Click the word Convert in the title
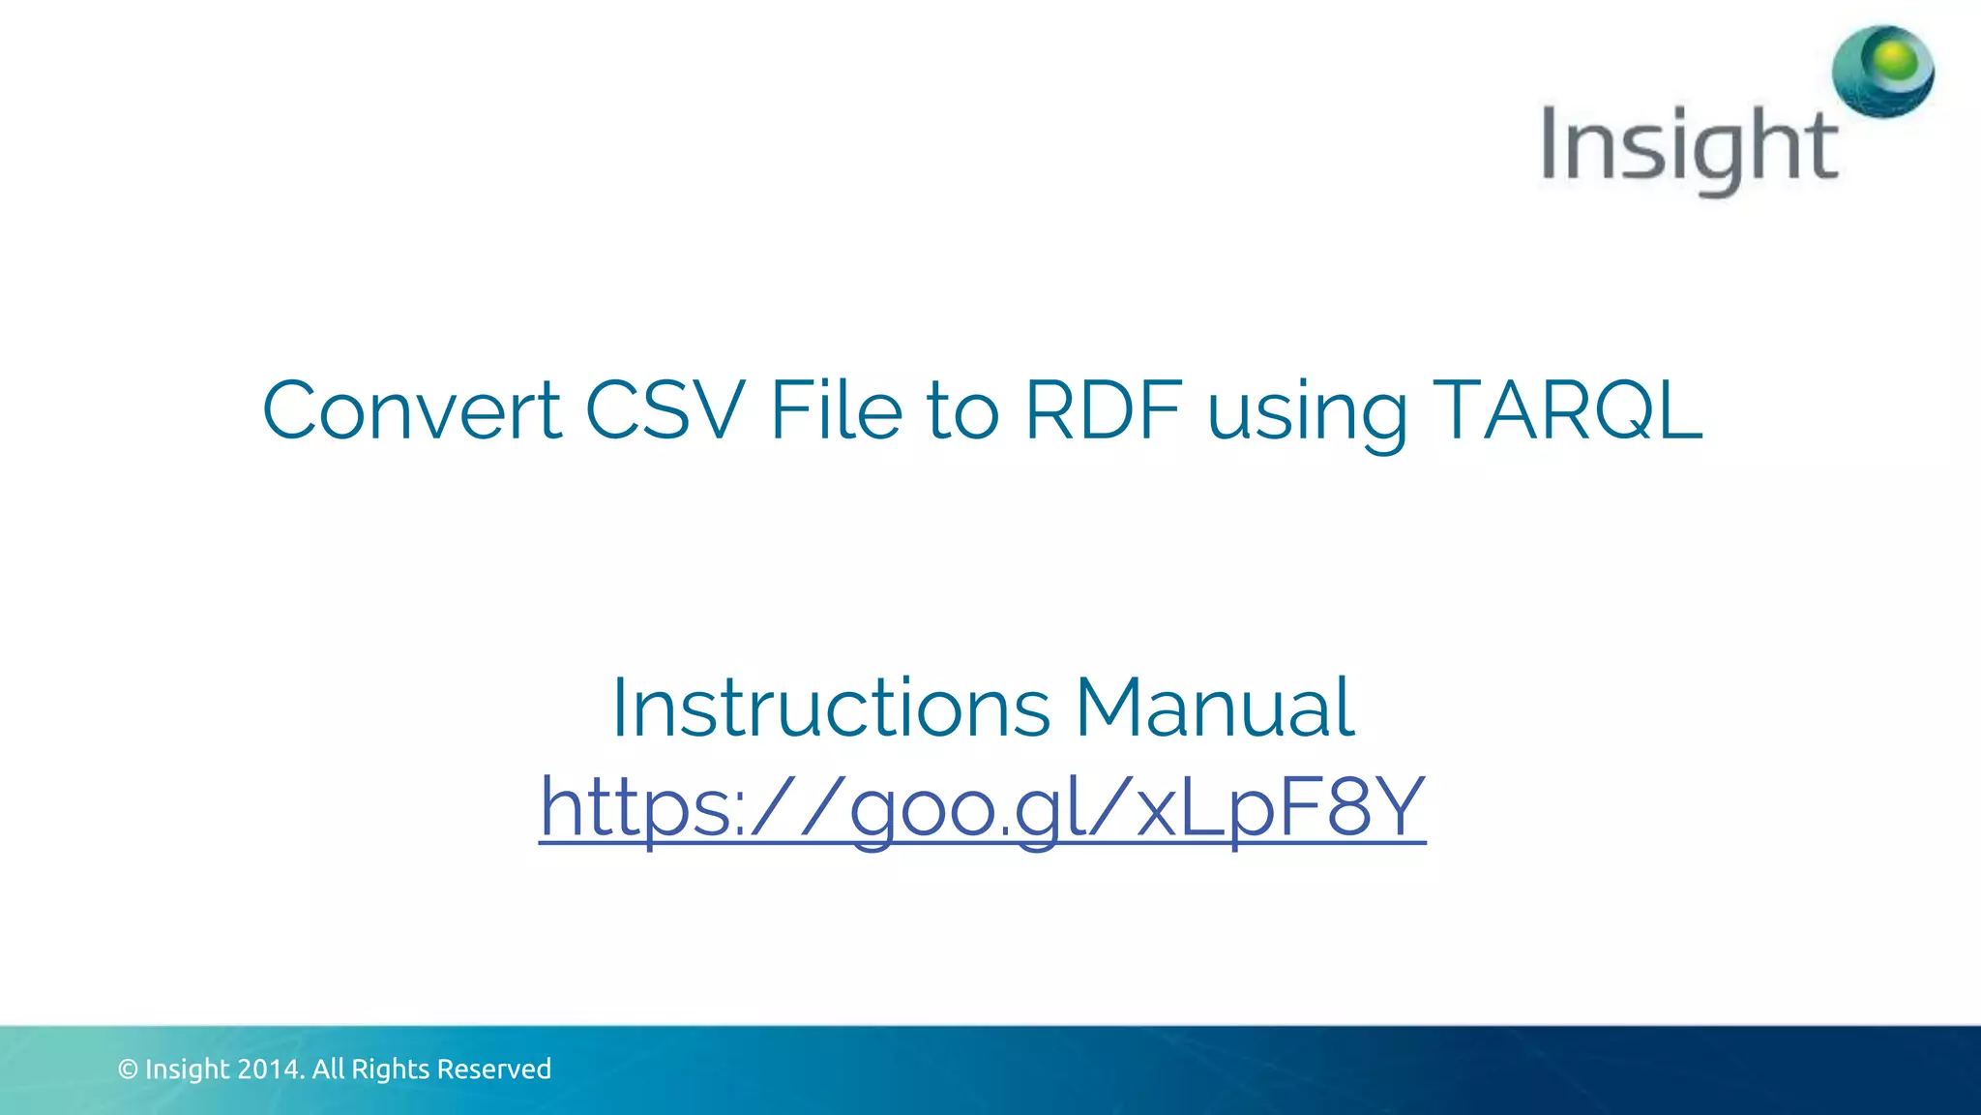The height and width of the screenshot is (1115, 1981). [x=412, y=410]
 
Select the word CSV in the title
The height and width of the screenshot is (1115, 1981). [x=665, y=410]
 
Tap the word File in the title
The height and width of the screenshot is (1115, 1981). [x=836, y=410]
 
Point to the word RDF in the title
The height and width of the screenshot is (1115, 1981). [x=1104, y=410]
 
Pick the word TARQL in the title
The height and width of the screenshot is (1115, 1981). [x=1567, y=410]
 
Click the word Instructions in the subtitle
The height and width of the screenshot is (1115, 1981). [x=831, y=708]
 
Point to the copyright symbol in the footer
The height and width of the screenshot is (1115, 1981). [x=128, y=1070]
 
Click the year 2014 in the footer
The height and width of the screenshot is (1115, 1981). [x=271, y=1070]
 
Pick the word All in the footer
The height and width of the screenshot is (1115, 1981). [x=328, y=1070]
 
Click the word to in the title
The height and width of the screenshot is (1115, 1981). [x=962, y=410]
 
